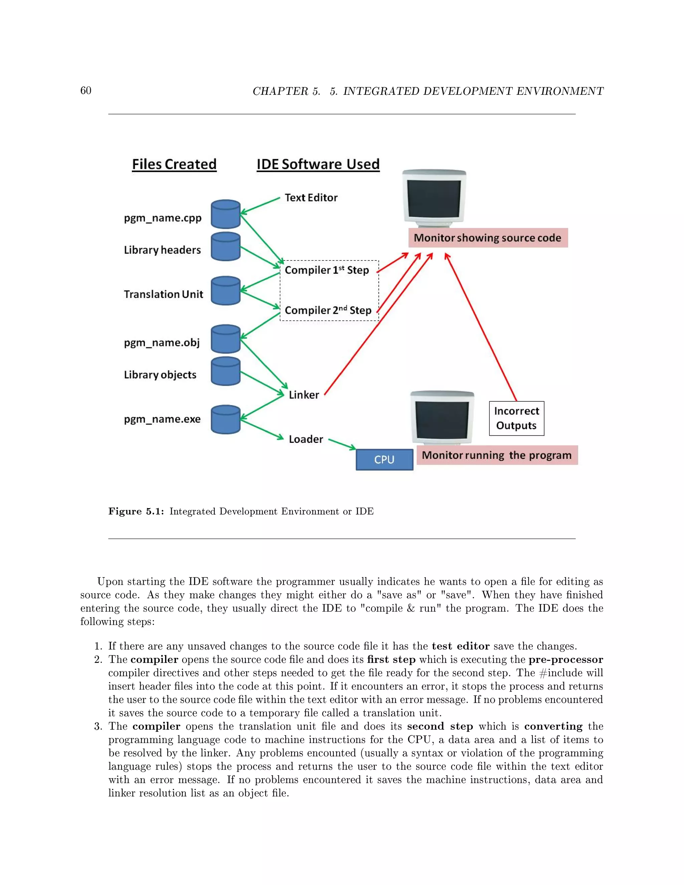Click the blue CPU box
pyautogui.click(x=384, y=459)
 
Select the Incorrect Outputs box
pyautogui.click(x=516, y=418)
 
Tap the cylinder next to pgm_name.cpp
pyautogui.click(x=226, y=214)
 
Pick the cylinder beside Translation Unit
pyautogui.click(x=226, y=291)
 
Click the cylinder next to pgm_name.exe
pyautogui.click(x=226, y=419)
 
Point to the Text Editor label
pyautogui.click(x=311, y=198)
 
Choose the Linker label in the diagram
pyautogui.click(x=304, y=395)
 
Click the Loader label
pyautogui.click(x=306, y=439)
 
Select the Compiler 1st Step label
pyautogui.click(x=327, y=270)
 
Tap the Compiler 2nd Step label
pyautogui.click(x=328, y=310)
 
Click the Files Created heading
pyautogui.click(x=174, y=164)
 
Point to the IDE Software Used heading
pyautogui.click(x=318, y=164)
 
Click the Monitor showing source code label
pyautogui.click(x=488, y=238)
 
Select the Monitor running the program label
pyautogui.click(x=497, y=455)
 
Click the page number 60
pyautogui.click(x=86, y=91)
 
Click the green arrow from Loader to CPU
pyautogui.click(x=342, y=444)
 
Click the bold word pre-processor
pyautogui.click(x=566, y=660)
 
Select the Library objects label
pyautogui.click(x=160, y=375)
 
